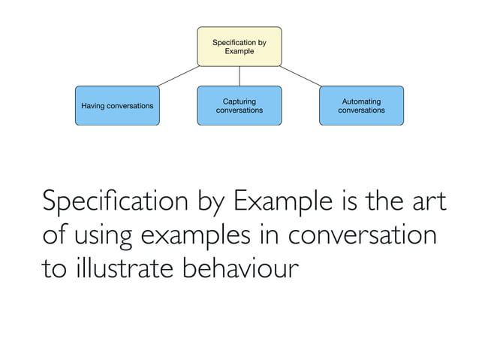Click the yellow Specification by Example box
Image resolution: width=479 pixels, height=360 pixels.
pos(239,47)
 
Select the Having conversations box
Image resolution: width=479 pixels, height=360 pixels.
pos(116,105)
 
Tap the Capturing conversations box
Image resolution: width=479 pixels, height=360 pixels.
pos(239,105)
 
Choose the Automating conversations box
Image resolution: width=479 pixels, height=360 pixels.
pos(361,105)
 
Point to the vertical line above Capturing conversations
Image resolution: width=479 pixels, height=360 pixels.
pos(239,76)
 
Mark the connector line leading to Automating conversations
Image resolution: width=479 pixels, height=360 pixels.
pos(303,76)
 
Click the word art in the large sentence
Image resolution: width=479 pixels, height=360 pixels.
pos(430,202)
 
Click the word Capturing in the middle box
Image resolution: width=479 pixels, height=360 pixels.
pos(239,101)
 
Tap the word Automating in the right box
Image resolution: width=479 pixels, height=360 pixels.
pos(361,101)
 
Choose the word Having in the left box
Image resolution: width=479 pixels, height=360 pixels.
pos(94,106)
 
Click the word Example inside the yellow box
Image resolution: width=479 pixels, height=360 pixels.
pos(239,52)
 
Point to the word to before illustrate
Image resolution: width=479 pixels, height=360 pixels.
pos(53,268)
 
